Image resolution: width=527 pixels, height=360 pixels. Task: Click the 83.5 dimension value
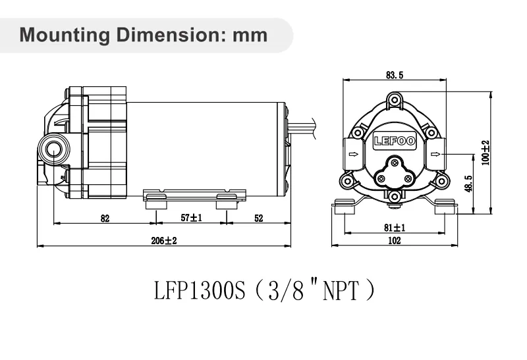click(395, 76)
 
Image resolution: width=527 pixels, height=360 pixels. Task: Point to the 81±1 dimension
click(395, 228)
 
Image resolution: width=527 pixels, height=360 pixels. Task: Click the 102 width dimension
click(395, 241)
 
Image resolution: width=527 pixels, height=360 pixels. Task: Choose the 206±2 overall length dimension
click(164, 241)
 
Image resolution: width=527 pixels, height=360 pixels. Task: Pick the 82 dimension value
click(105, 219)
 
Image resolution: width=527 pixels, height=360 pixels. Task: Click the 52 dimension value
click(258, 219)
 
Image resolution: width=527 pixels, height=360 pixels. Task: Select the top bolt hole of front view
click(394, 101)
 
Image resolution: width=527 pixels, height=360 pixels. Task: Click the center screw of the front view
click(394, 162)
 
